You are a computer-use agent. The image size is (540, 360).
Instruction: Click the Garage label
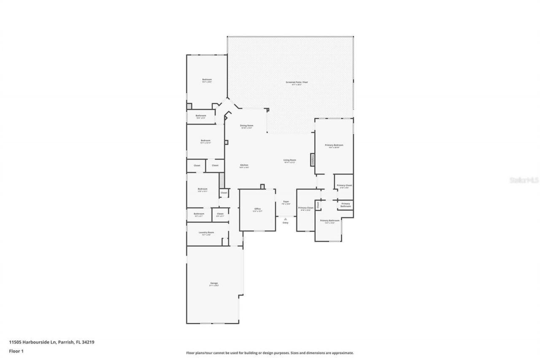[214, 284]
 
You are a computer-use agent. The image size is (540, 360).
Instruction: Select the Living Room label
[289, 160]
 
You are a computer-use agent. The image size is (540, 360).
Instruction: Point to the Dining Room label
[246, 126]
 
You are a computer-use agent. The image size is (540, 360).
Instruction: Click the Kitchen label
[244, 165]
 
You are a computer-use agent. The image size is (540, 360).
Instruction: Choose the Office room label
[257, 209]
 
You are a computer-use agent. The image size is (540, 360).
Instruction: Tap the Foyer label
[286, 203]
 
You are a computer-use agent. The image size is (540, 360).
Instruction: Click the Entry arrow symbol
[286, 219]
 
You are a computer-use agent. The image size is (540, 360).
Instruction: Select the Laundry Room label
[206, 233]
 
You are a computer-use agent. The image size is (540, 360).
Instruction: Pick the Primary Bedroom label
[334, 146]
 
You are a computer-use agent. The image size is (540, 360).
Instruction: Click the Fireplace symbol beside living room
[313, 159]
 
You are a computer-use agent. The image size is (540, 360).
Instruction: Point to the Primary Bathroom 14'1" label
[330, 221]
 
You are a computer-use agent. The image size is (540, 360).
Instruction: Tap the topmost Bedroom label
[207, 80]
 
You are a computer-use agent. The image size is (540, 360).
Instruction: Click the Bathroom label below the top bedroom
[201, 116]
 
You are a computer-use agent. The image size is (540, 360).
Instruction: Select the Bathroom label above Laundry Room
[199, 214]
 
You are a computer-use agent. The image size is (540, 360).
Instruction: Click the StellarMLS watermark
[524, 180]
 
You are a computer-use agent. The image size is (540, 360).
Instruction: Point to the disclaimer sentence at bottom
[270, 353]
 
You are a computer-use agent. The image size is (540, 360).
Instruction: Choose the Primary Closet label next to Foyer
[306, 208]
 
